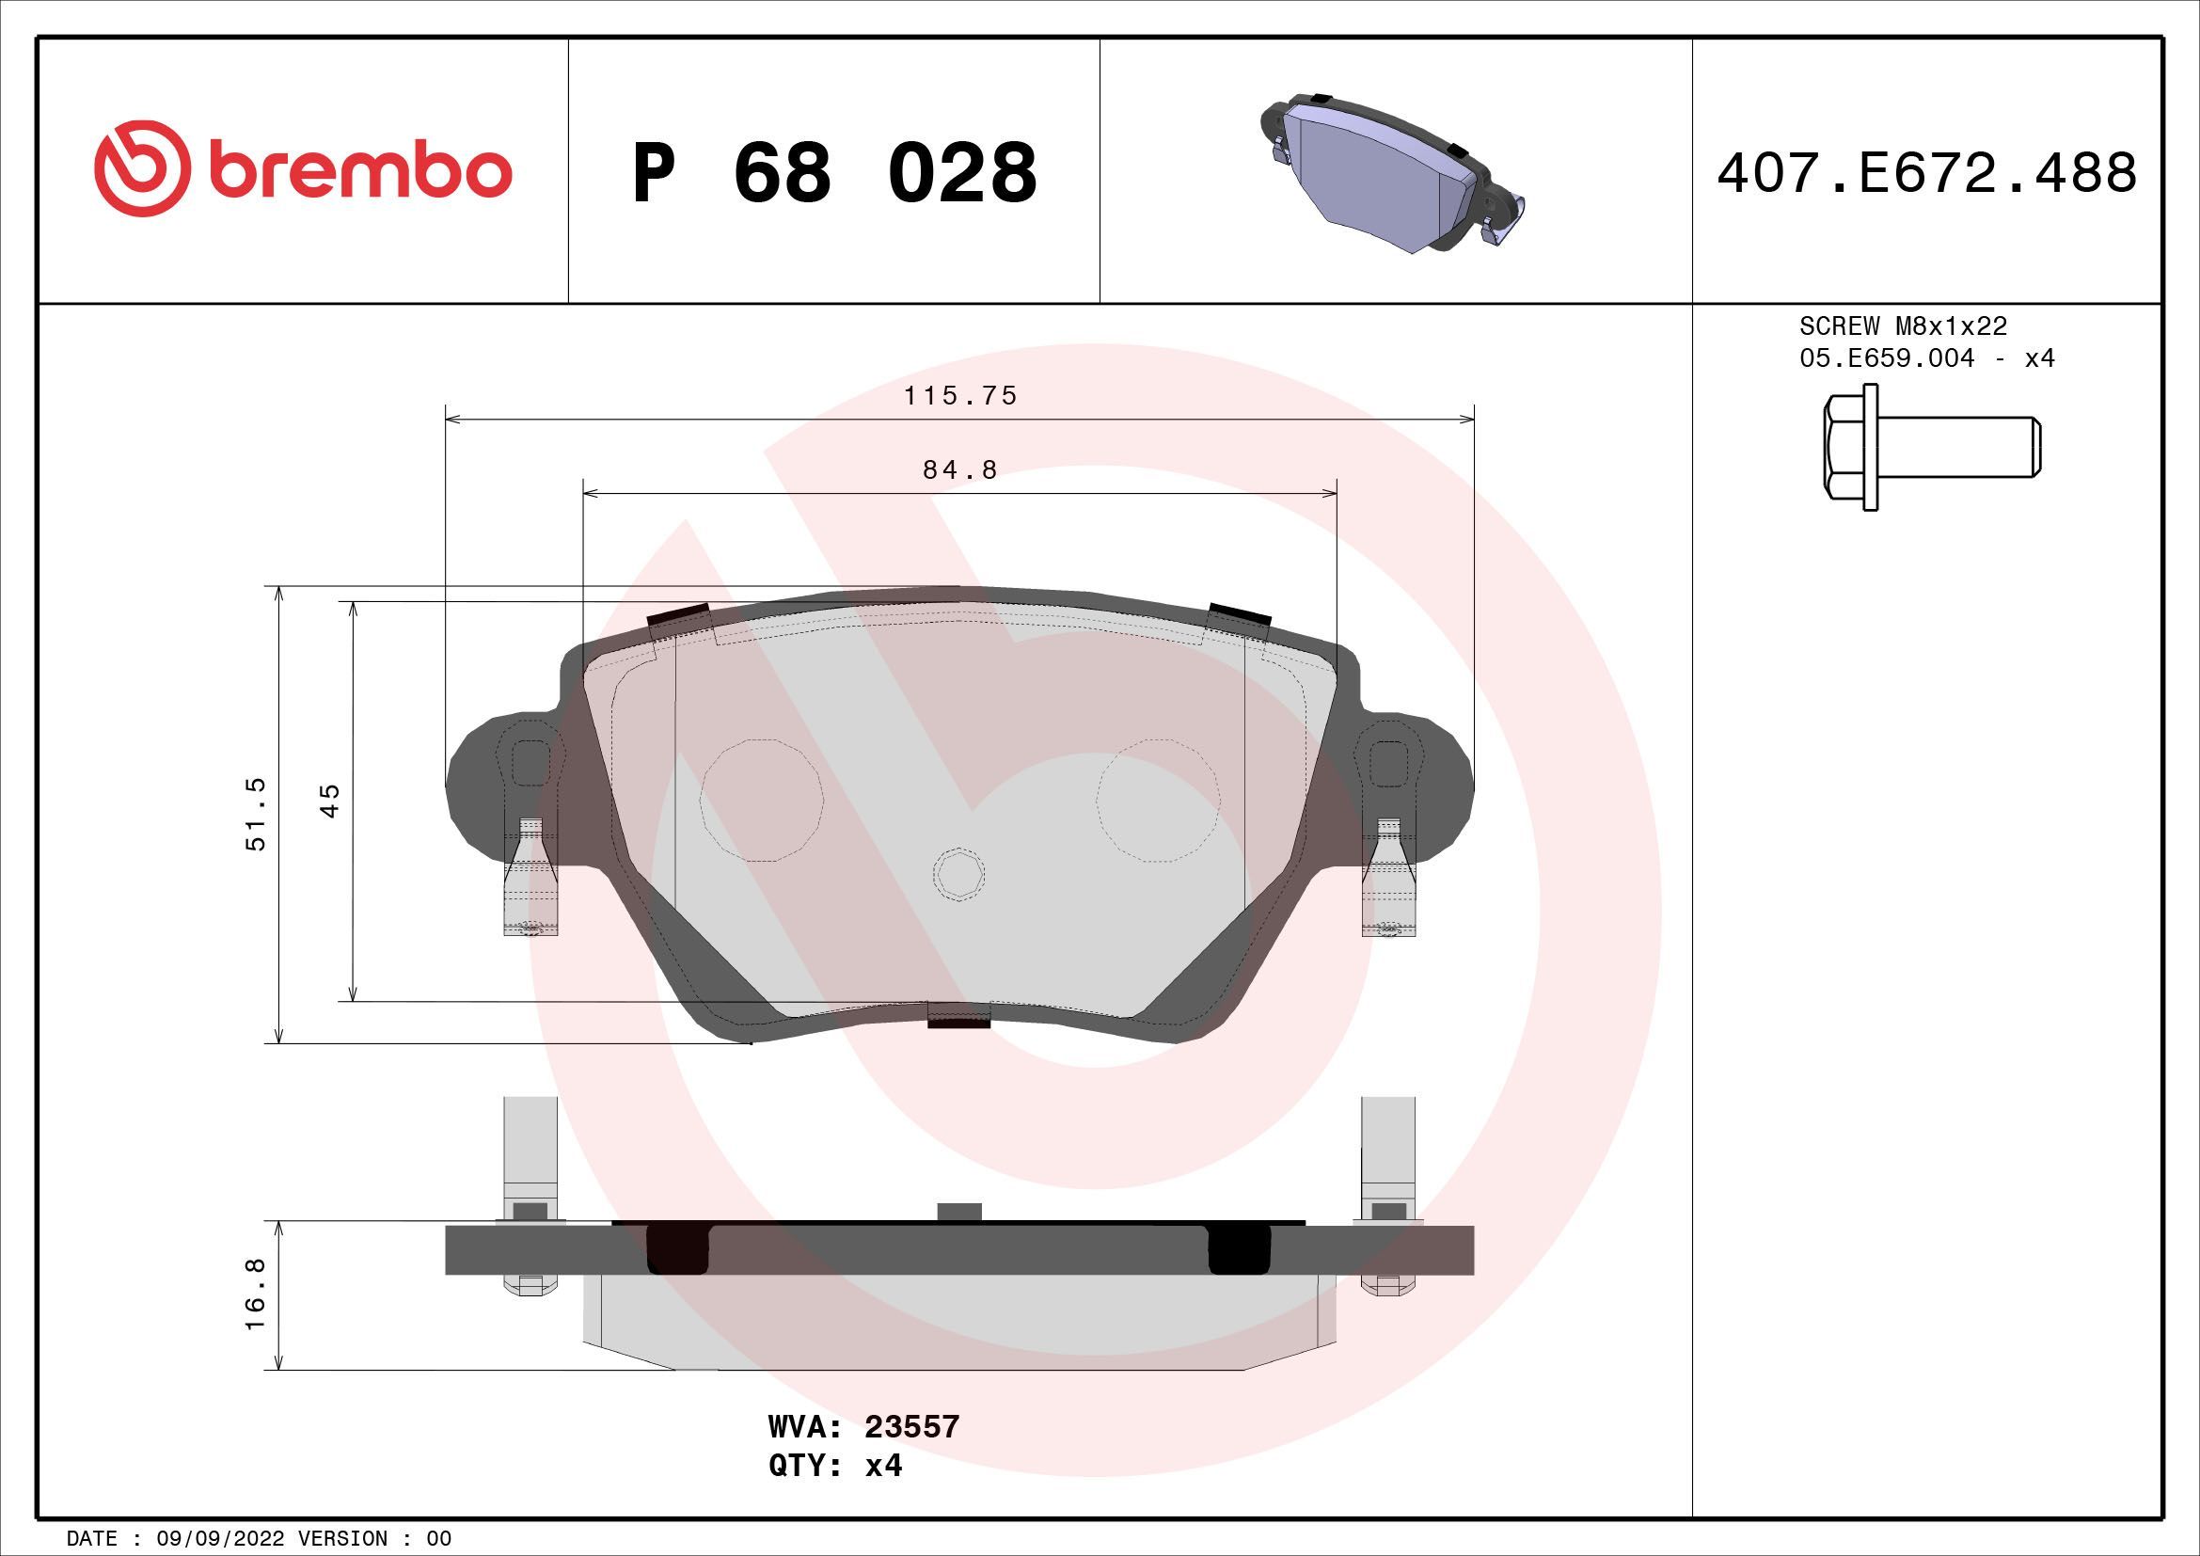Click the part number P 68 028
pyautogui.click(x=833, y=173)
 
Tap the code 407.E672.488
pyautogui.click(x=1926, y=173)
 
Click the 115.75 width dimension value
pyautogui.click(x=960, y=396)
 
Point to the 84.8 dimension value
pyautogui.click(x=960, y=470)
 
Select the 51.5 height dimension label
pyautogui.click(x=257, y=815)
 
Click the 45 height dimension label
pyautogui.click(x=330, y=800)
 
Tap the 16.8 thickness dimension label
pyautogui.click(x=257, y=1294)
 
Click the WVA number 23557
pyautogui.click(x=911, y=1453)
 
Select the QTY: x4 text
pyautogui.click(x=834, y=1493)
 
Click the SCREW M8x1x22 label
pyautogui.click(x=1902, y=326)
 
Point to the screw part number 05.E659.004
pyautogui.click(x=1887, y=358)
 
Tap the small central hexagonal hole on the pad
pyautogui.click(x=958, y=874)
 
